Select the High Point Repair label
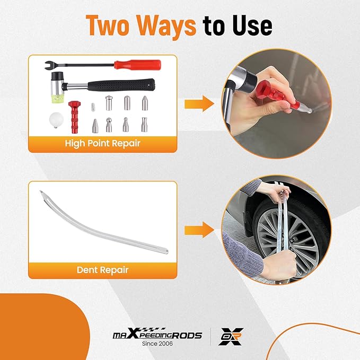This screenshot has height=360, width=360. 103,143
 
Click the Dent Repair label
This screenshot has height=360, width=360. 103,270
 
